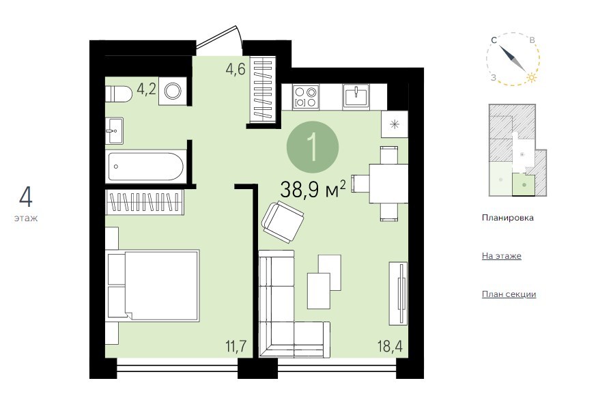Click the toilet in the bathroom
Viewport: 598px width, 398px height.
coord(119,94)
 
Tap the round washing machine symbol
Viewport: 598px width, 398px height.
coord(173,91)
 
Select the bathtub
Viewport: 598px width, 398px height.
coord(145,166)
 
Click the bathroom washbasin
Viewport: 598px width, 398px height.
coord(115,130)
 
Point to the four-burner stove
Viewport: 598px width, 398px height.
coord(306,97)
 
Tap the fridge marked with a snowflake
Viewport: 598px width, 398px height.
coord(395,124)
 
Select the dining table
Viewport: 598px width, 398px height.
coord(388,184)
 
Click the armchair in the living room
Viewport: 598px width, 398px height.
coord(283,223)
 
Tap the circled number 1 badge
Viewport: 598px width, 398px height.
coord(313,147)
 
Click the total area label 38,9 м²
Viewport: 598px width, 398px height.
coord(313,189)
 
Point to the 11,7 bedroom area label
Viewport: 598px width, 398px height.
coord(236,347)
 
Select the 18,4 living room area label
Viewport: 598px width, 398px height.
coord(390,347)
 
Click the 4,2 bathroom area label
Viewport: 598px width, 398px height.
coord(147,89)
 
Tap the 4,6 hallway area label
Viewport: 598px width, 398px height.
coord(236,70)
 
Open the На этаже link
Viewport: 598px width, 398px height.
coord(502,256)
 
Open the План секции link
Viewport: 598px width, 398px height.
coord(509,294)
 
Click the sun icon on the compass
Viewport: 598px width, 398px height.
coord(531,78)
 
